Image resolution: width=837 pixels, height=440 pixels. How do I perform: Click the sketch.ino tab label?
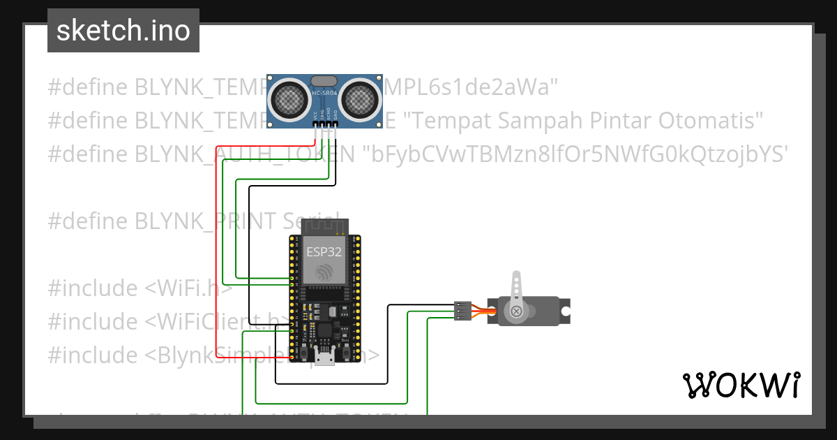123,31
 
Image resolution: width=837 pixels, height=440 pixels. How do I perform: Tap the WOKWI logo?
741,385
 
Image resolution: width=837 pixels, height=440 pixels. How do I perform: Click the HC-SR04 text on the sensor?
325,94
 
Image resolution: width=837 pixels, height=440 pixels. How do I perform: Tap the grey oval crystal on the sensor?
325,81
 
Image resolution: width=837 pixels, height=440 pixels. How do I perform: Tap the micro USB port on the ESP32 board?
324,359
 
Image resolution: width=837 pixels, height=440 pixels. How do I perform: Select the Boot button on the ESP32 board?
346,353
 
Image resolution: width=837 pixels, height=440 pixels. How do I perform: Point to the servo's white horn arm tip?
516,276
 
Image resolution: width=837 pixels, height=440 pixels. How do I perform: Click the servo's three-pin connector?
462,311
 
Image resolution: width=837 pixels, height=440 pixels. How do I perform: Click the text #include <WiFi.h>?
139,288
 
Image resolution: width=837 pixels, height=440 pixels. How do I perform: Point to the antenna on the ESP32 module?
324,226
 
